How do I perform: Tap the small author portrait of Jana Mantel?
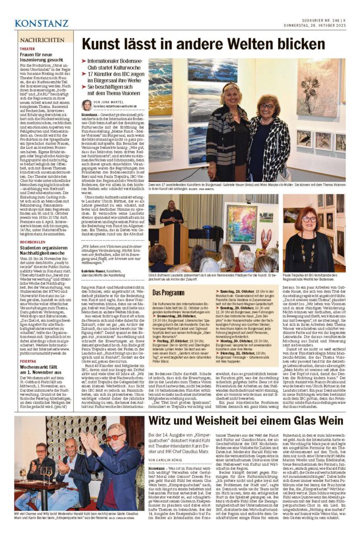pyautogui.click(x=86, y=105)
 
